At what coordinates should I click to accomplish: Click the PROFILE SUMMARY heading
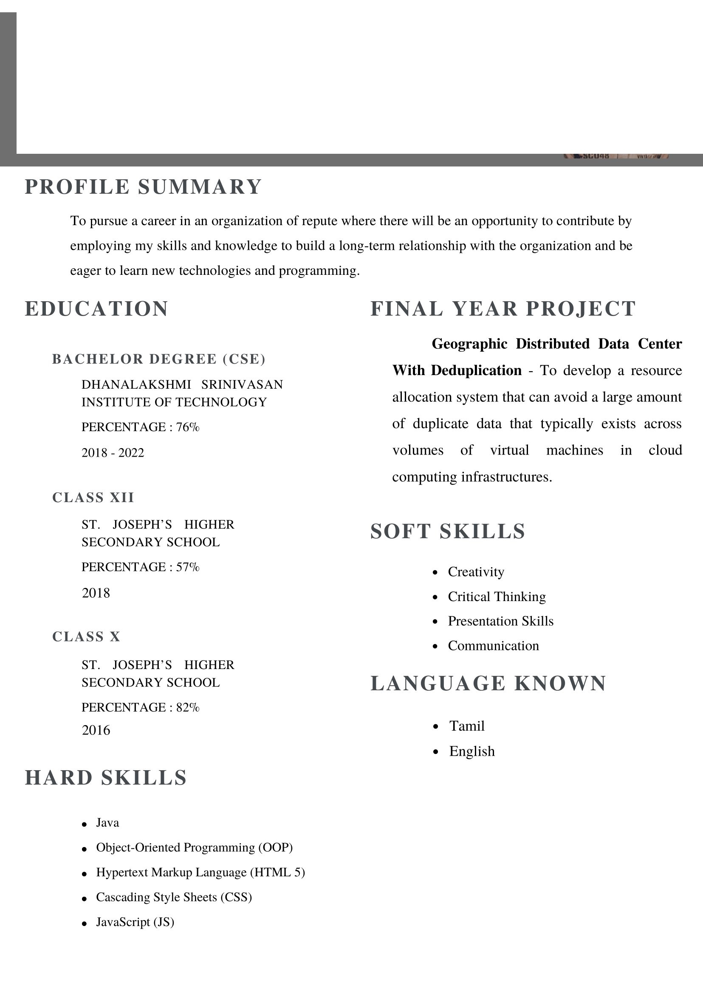pyautogui.click(x=143, y=187)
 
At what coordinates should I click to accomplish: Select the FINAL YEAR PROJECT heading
pyautogui.click(x=503, y=309)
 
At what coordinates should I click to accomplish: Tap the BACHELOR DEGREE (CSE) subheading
pyautogui.click(x=158, y=359)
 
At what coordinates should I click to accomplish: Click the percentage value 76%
pyautogui.click(x=188, y=427)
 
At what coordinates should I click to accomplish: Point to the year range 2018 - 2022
pyautogui.click(x=113, y=452)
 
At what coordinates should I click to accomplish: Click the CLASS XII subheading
pyautogui.click(x=93, y=497)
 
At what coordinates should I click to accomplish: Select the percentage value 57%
pyautogui.click(x=188, y=567)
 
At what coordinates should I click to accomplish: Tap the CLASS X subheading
pyautogui.click(x=86, y=636)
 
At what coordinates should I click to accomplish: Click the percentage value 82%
pyautogui.click(x=188, y=707)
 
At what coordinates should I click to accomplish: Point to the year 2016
pyautogui.click(x=96, y=730)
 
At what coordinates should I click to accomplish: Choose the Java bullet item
pyautogui.click(x=107, y=822)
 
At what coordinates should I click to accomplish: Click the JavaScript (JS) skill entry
pyautogui.click(x=135, y=922)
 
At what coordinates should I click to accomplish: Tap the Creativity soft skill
pyautogui.click(x=476, y=572)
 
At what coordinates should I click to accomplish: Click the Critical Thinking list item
pyautogui.click(x=497, y=596)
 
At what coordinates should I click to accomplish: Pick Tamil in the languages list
pyautogui.click(x=467, y=726)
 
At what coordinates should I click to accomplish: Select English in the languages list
pyautogui.click(x=471, y=751)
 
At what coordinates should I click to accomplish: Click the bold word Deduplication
pyautogui.click(x=476, y=370)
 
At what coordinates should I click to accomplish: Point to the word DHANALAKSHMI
pyautogui.click(x=136, y=384)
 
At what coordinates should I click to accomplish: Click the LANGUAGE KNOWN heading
pyautogui.click(x=488, y=683)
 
